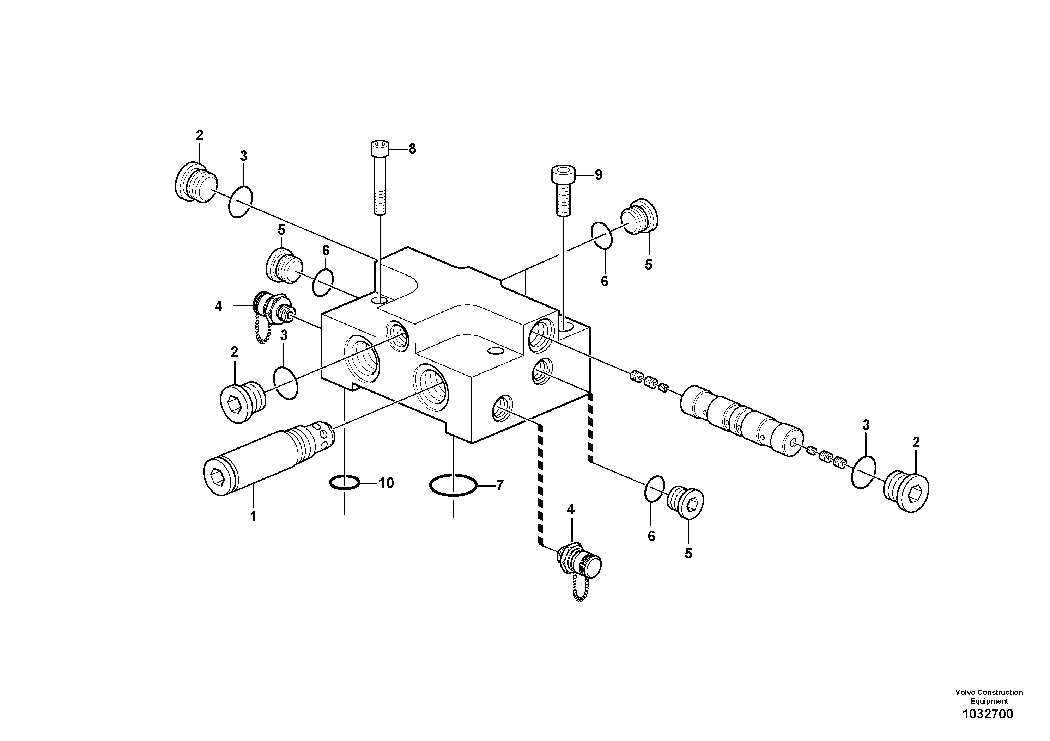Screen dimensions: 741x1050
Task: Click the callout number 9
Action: [x=598, y=175]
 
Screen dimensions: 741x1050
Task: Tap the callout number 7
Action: [x=500, y=485]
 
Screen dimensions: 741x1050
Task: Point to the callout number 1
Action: [x=253, y=516]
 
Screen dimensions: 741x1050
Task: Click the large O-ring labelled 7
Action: [x=453, y=485]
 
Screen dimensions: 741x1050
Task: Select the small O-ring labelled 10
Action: [x=344, y=482]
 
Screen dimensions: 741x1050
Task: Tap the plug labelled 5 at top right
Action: [x=640, y=217]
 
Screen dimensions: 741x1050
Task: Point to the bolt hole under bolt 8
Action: [x=380, y=300]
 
